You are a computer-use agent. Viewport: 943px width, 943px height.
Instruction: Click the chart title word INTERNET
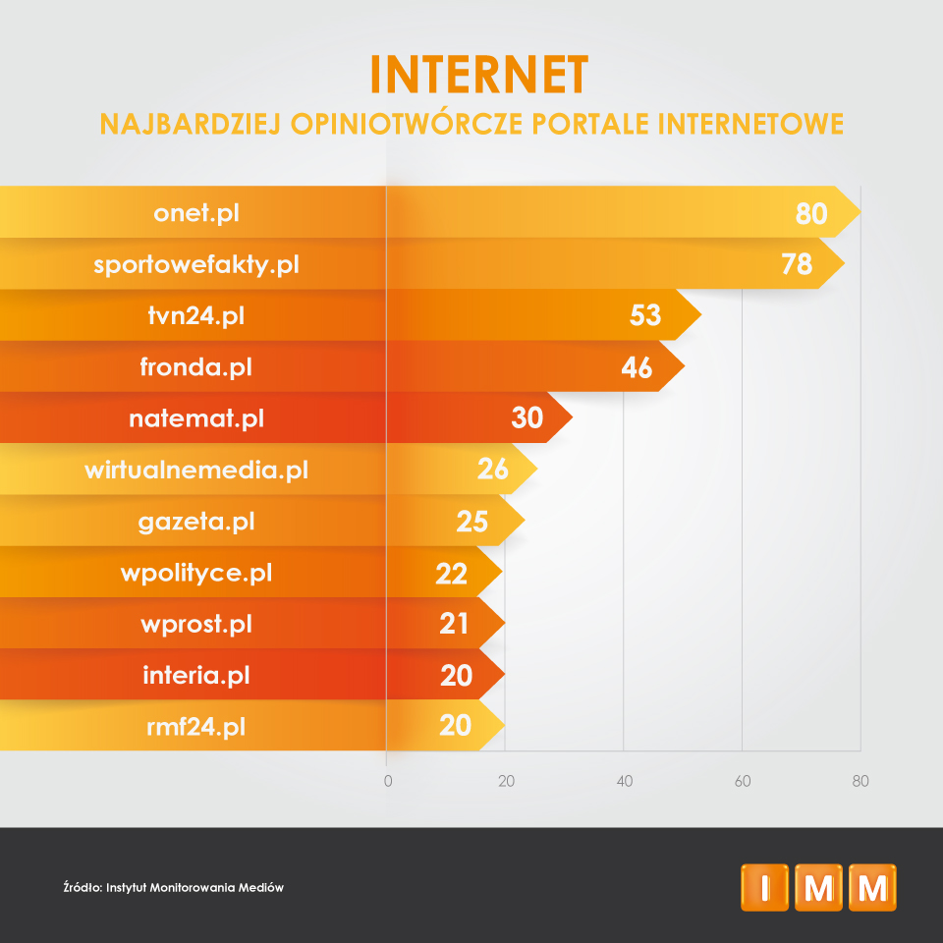pyautogui.click(x=479, y=74)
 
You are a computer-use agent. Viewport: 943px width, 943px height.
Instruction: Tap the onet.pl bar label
pyautogui.click(x=196, y=213)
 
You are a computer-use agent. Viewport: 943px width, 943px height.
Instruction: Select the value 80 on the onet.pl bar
pyautogui.click(x=811, y=213)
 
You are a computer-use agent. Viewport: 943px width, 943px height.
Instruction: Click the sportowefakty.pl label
pyautogui.click(x=196, y=264)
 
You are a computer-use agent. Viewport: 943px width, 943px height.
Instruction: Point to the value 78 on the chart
pyautogui.click(x=797, y=264)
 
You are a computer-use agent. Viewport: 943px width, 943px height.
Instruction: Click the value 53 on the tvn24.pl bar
pyautogui.click(x=644, y=315)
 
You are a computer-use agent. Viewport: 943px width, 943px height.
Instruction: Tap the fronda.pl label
pyautogui.click(x=196, y=367)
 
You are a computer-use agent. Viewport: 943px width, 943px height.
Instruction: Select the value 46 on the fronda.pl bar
pyautogui.click(x=637, y=367)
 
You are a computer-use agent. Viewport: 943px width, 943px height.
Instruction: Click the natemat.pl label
pyautogui.click(x=196, y=418)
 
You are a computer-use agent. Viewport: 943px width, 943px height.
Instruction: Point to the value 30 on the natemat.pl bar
pyautogui.click(x=527, y=418)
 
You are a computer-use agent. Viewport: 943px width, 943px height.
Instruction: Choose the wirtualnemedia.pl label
pyautogui.click(x=196, y=470)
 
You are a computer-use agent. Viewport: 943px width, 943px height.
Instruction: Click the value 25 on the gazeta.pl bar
pyautogui.click(x=472, y=521)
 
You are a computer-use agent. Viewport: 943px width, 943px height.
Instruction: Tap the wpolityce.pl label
pyautogui.click(x=196, y=572)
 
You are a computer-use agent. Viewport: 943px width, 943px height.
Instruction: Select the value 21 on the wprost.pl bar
pyautogui.click(x=454, y=624)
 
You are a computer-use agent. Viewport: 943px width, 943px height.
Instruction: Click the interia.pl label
pyautogui.click(x=196, y=675)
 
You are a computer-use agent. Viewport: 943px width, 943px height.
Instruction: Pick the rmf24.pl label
pyautogui.click(x=196, y=727)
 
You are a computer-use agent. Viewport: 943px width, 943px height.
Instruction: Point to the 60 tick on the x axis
pyautogui.click(x=743, y=782)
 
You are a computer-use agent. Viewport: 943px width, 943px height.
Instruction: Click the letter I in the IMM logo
pyautogui.click(x=765, y=887)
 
